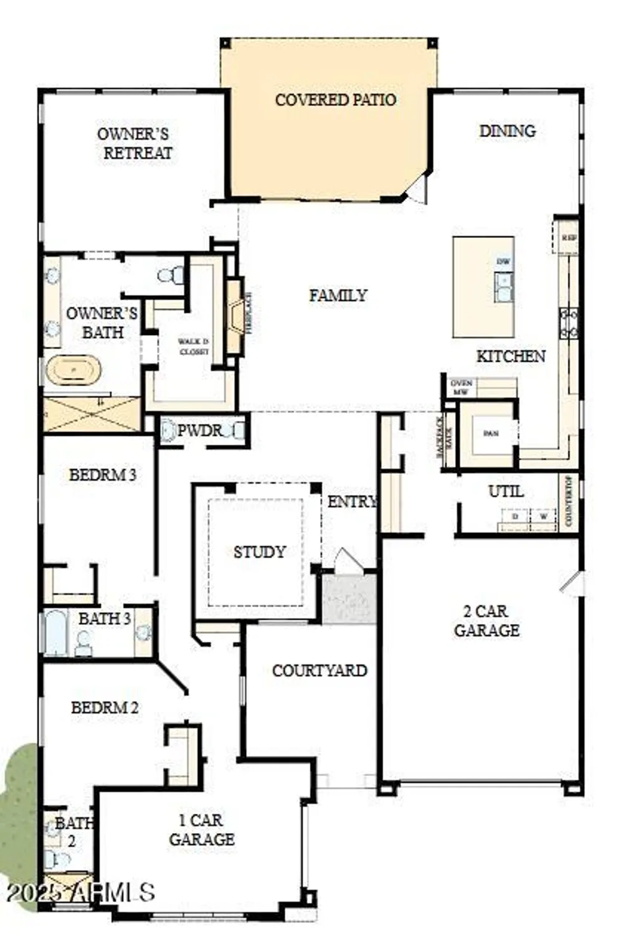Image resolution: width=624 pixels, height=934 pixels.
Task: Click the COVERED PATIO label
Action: (x=335, y=100)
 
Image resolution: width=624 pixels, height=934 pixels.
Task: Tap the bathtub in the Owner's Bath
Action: (x=73, y=370)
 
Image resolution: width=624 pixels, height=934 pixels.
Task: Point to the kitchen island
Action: (x=483, y=286)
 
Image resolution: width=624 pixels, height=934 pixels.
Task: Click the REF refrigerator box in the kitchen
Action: (x=567, y=237)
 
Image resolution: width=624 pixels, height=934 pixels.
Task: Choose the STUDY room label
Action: (x=259, y=552)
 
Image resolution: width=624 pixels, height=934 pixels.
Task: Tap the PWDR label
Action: (x=199, y=430)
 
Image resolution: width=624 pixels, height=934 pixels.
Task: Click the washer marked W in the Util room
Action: (x=543, y=517)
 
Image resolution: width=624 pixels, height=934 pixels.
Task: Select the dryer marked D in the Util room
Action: (x=515, y=517)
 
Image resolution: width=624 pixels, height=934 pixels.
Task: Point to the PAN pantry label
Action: (x=490, y=433)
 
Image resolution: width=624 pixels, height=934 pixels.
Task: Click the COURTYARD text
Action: (x=319, y=671)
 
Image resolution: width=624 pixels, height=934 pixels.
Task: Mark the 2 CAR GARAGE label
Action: (x=486, y=621)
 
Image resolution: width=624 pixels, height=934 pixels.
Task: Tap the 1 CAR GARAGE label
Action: (x=202, y=830)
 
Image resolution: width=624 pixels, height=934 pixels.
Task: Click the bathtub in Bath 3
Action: (x=55, y=632)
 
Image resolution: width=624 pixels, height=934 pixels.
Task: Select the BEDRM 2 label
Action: (x=105, y=708)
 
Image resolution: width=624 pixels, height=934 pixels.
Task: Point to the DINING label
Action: (x=507, y=131)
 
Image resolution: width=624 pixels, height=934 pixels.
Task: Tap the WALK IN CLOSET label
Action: (x=193, y=347)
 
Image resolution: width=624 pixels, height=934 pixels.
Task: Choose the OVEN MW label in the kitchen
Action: (x=461, y=387)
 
